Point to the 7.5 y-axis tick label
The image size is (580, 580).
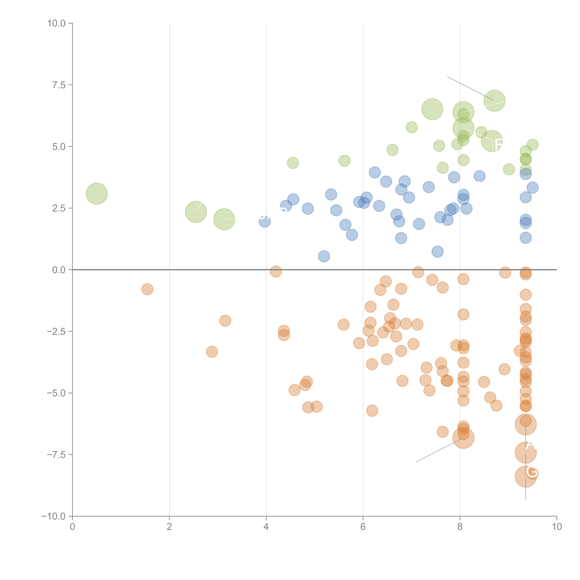coord(59,85)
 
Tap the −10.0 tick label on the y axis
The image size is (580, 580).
coord(53,516)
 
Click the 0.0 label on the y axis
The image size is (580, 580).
coord(59,270)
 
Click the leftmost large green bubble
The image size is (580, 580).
coord(97,194)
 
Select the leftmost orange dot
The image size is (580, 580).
coord(147,289)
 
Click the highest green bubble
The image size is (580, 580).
coord(494,101)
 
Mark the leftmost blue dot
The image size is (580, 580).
coord(264,222)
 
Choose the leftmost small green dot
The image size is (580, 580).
coord(293,163)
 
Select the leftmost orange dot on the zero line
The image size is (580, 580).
coord(276,271)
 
